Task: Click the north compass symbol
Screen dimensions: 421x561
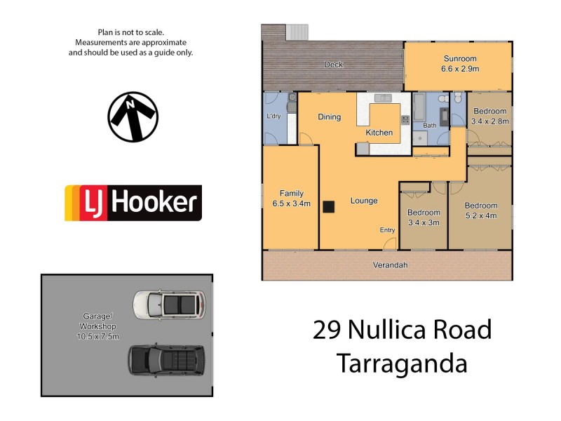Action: tap(133, 116)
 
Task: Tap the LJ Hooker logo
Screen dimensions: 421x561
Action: tap(133, 203)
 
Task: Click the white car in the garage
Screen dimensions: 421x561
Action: tap(169, 304)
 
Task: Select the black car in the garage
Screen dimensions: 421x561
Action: tap(166, 359)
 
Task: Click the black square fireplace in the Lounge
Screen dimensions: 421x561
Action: tap(328, 206)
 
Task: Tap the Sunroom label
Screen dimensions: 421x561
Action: tap(459, 59)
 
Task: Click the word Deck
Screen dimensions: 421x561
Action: tap(333, 65)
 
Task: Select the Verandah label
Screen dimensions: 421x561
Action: tap(390, 265)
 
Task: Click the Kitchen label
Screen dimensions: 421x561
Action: tap(379, 133)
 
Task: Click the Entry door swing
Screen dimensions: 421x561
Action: tap(391, 243)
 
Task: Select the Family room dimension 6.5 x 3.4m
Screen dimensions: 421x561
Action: tap(290, 203)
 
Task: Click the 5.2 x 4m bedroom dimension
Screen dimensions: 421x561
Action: tap(480, 215)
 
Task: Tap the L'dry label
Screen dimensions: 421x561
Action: tap(273, 116)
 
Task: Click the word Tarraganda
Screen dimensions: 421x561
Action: tap(401, 364)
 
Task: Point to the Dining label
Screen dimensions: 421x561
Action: tap(329, 117)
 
